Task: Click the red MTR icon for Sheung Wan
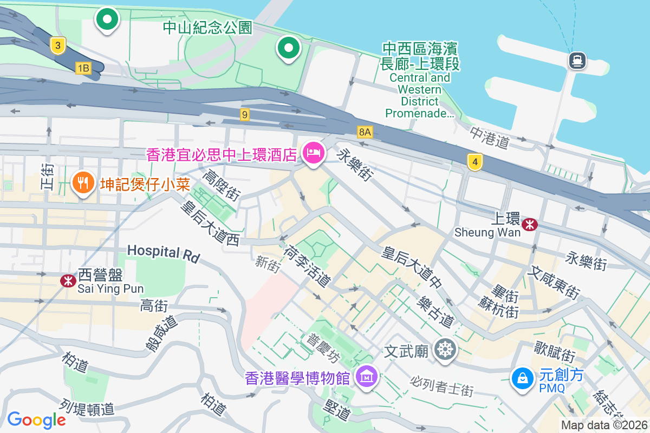point(530,223)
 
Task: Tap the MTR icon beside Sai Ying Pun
point(68,280)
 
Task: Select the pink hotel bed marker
point(313,154)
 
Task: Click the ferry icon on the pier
point(577,60)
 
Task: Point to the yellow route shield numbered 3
point(58,45)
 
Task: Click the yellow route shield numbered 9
point(245,114)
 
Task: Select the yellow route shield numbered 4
point(474,161)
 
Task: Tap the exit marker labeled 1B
point(83,68)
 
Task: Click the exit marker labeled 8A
point(365,132)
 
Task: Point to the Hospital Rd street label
point(164,253)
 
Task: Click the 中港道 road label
point(490,139)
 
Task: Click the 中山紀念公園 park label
point(207,27)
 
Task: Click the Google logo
point(36,419)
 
